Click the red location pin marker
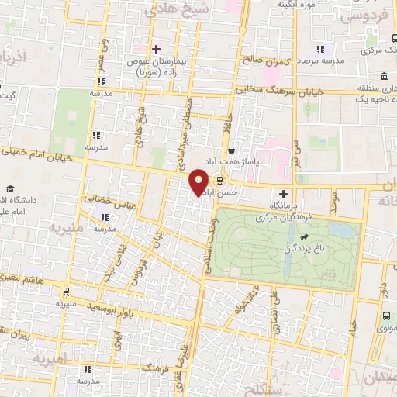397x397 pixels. (x=198, y=182)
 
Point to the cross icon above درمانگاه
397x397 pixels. (x=283, y=193)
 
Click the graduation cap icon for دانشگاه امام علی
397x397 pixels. (x=10, y=190)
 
